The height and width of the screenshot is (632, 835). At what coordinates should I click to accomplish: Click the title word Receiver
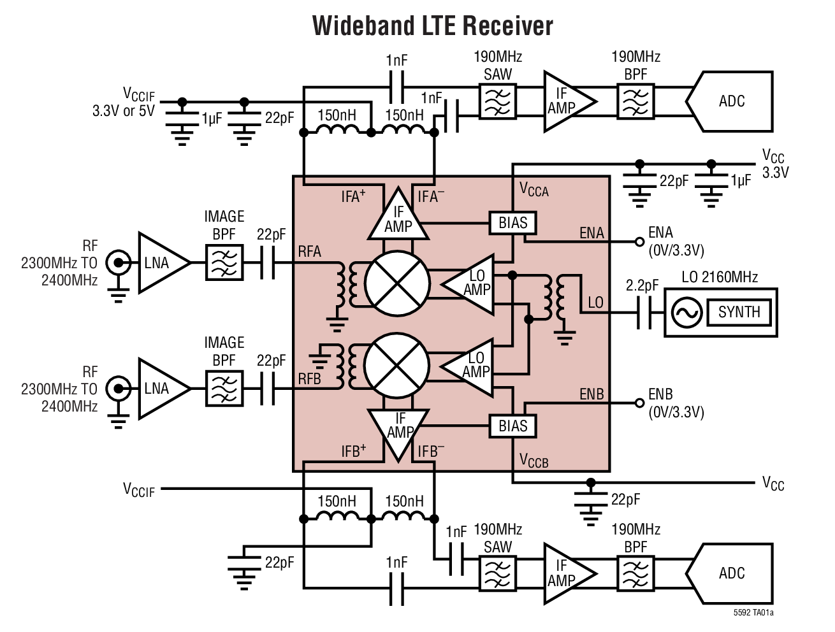(507, 26)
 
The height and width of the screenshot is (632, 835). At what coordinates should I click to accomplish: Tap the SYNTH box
(739, 312)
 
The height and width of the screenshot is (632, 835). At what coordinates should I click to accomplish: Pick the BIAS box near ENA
(512, 223)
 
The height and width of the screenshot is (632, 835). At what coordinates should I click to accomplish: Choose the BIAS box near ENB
(512, 426)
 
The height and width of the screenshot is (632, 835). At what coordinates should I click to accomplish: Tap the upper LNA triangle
(159, 262)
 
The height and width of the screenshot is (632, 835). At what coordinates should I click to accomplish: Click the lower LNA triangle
(159, 389)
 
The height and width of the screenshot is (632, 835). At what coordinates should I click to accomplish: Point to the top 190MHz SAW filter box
(497, 102)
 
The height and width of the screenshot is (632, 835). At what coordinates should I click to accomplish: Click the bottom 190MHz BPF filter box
(635, 573)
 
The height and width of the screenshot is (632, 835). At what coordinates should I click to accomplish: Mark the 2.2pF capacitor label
(642, 285)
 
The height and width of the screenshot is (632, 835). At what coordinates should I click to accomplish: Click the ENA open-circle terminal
(639, 241)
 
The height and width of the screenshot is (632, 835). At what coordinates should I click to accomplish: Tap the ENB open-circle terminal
(639, 403)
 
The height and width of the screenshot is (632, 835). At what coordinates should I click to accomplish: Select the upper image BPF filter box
(224, 262)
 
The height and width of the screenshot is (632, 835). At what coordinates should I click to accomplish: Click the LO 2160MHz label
(720, 277)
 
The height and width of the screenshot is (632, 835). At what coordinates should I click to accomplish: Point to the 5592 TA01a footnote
(753, 613)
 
